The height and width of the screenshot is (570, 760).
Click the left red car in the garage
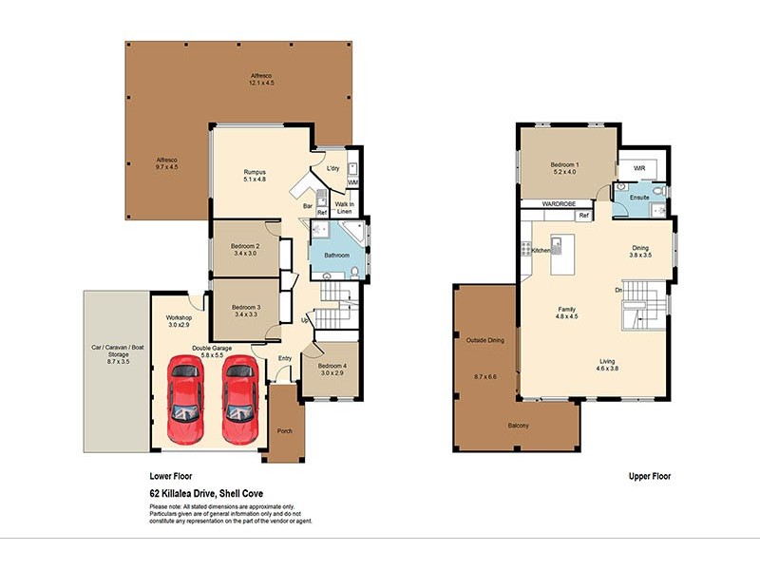[x=185, y=400]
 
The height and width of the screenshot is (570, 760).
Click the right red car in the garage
[x=239, y=400]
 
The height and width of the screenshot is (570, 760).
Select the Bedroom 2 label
[x=245, y=250]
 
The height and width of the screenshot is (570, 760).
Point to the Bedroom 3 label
[x=245, y=310]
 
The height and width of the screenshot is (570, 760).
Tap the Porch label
[x=284, y=431]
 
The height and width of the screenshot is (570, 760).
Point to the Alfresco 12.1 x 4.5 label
[x=260, y=79]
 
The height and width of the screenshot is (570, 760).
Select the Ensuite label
[x=639, y=197]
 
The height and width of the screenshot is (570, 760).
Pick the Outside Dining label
[x=484, y=339]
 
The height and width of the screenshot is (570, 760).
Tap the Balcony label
[x=519, y=426]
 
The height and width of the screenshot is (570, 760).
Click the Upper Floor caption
[x=650, y=477]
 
